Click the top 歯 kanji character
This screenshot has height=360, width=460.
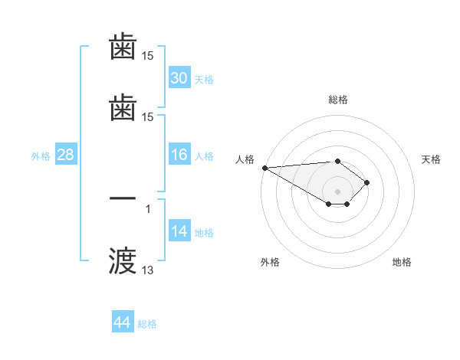click(x=123, y=47)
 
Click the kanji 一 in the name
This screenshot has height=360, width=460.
click(x=123, y=198)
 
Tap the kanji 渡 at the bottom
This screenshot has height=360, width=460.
click(x=123, y=260)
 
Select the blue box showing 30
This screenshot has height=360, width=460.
click(x=179, y=78)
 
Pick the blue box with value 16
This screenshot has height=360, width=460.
click(x=179, y=155)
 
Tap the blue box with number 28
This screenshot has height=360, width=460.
click(x=65, y=155)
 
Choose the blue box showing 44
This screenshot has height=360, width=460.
click(x=123, y=323)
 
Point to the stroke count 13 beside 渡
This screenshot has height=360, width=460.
click(x=147, y=270)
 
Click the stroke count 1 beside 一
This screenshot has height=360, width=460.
click(x=148, y=208)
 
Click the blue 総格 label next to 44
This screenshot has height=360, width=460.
click(x=147, y=324)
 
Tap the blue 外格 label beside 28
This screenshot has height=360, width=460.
click(x=41, y=156)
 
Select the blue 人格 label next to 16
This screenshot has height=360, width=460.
click(x=204, y=156)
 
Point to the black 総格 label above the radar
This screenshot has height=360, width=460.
click(x=337, y=100)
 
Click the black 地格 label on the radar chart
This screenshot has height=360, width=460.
click(x=402, y=262)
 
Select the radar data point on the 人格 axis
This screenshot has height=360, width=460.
click(x=264, y=168)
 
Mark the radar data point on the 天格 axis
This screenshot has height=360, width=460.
click(x=368, y=182)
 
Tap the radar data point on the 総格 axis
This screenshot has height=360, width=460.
click(x=337, y=161)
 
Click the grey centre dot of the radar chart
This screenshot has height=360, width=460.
click(x=337, y=191)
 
